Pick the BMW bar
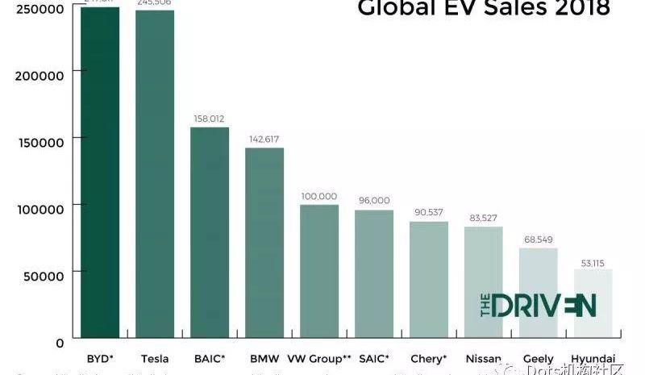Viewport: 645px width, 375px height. (x=264, y=243)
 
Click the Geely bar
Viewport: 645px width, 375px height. (x=539, y=294)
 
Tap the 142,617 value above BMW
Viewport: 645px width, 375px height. (x=264, y=140)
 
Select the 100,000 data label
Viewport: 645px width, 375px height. (x=319, y=196)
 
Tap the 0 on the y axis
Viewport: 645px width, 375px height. (x=60, y=344)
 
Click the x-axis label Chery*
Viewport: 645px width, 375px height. (x=428, y=359)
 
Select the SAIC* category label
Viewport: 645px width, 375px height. (x=373, y=359)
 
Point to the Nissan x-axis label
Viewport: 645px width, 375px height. (x=484, y=359)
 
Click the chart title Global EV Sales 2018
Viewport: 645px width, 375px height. (x=484, y=10)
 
